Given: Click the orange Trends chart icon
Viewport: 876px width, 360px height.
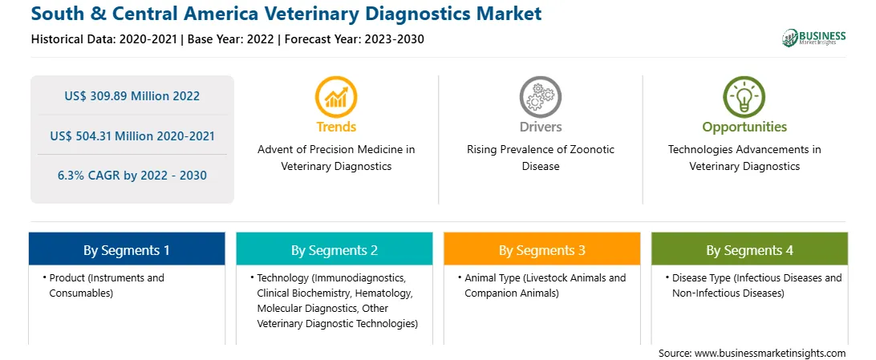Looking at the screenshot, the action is coord(336,97).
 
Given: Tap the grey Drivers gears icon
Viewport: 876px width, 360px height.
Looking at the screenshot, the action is coord(540,97).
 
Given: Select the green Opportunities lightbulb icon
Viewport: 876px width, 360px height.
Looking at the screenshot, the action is coord(744,97).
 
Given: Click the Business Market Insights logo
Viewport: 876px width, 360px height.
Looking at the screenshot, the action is coord(814,38).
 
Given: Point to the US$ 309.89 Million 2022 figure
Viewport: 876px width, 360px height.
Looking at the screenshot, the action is coord(132,95).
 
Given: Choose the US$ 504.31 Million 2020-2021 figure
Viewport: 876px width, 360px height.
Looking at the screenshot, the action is coord(132,136).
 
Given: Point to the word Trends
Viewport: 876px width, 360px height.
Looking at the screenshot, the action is coord(336,127).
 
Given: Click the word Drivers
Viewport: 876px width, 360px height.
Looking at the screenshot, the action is coord(540,127).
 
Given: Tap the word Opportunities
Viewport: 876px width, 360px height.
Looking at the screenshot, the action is coord(744,127).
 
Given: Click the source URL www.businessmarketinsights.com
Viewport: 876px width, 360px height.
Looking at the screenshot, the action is coord(770,353).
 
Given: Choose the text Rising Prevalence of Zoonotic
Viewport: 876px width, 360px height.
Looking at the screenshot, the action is coord(540,150).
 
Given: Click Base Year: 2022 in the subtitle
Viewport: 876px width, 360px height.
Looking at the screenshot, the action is coord(233,39).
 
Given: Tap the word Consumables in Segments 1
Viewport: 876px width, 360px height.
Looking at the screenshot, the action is coord(81,293).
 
